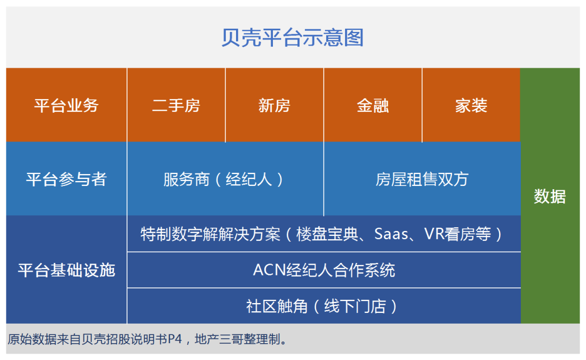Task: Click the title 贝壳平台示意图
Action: tap(292, 38)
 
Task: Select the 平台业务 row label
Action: tap(67, 105)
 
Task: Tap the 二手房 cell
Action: tap(176, 105)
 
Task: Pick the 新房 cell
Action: tap(275, 105)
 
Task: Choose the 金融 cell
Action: tap(373, 105)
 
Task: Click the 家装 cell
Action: tap(472, 105)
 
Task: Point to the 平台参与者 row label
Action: tap(67, 179)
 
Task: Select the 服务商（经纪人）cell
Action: tap(225, 179)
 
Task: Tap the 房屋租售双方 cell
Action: tap(422, 179)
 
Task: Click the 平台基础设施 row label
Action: tap(67, 269)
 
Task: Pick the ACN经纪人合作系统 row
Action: tap(324, 270)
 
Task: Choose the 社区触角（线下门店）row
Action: tap(324, 306)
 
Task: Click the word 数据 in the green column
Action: tap(550, 196)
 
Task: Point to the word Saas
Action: tap(391, 234)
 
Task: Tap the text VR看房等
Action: tap(457, 234)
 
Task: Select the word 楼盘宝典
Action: tap(327, 234)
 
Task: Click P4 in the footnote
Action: tap(175, 339)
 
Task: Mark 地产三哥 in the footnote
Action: tap(219, 339)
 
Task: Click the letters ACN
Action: tap(269, 270)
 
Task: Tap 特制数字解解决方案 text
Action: tap(211, 234)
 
